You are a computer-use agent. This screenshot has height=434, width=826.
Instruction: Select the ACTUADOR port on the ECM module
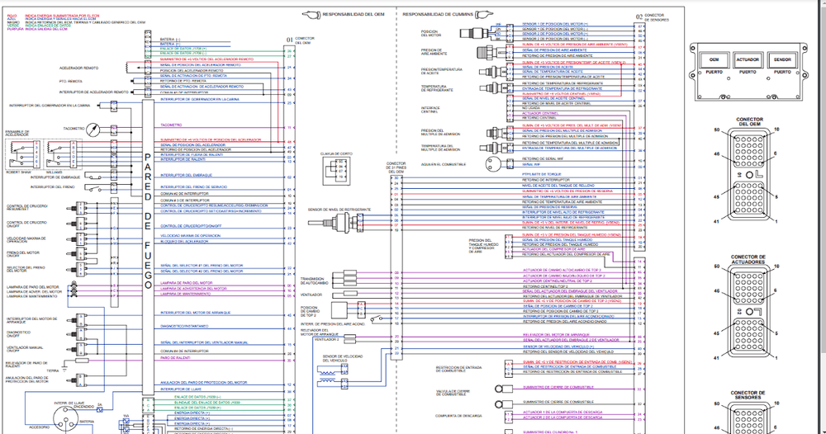[x=747, y=61]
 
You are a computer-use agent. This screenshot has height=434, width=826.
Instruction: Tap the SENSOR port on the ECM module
[x=781, y=61]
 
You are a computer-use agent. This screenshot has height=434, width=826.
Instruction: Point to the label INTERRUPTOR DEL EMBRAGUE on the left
[x=55, y=177]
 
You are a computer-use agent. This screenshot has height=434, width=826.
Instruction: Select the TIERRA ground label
[x=53, y=370]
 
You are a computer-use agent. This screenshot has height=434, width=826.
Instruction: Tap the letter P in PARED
[x=149, y=158]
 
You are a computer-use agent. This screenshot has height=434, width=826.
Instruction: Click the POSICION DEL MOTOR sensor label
[x=431, y=32]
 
